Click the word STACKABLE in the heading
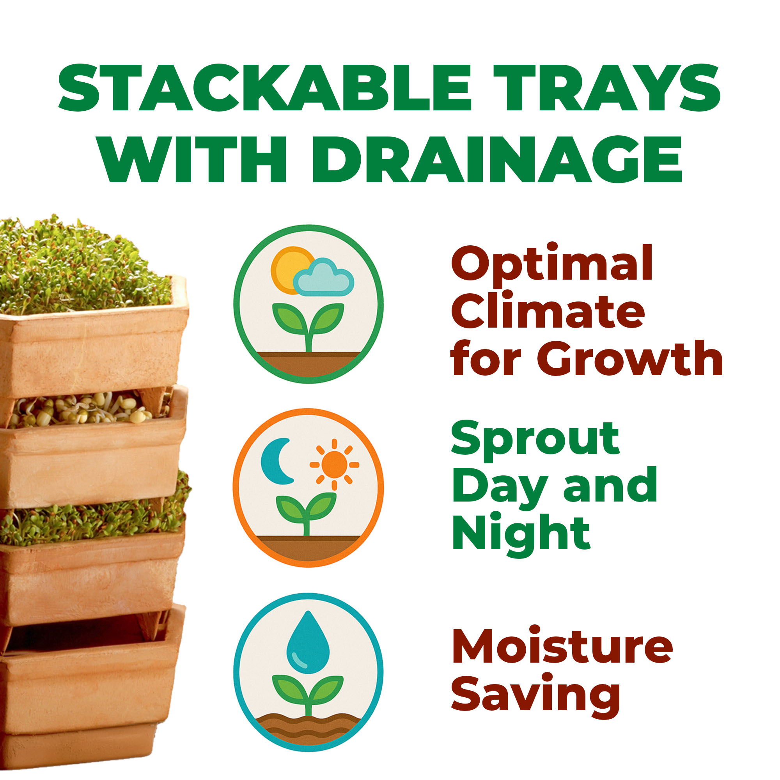point(265,88)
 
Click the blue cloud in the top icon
point(324,277)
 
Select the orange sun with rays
point(334,464)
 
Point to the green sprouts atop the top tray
point(81,266)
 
